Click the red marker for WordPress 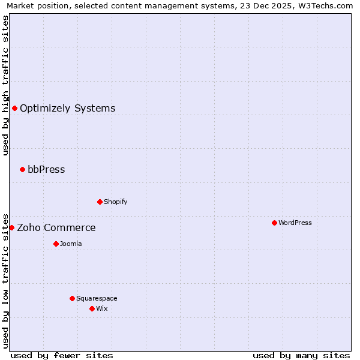[274, 223]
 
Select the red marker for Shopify [100, 202]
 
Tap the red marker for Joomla [56, 244]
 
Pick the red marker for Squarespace [72, 298]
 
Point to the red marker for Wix [92, 308]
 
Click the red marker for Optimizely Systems [14, 108]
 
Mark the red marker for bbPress [22, 169]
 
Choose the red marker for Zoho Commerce [11, 227]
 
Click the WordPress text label [295, 223]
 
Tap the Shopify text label [116, 202]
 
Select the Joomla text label [71, 244]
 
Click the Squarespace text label [97, 298]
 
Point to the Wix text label [102, 308]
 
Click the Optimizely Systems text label [68, 109]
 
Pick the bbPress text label [46, 170]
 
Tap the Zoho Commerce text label [56, 228]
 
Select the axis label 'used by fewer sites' [62, 355]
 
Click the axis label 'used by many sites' [301, 355]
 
